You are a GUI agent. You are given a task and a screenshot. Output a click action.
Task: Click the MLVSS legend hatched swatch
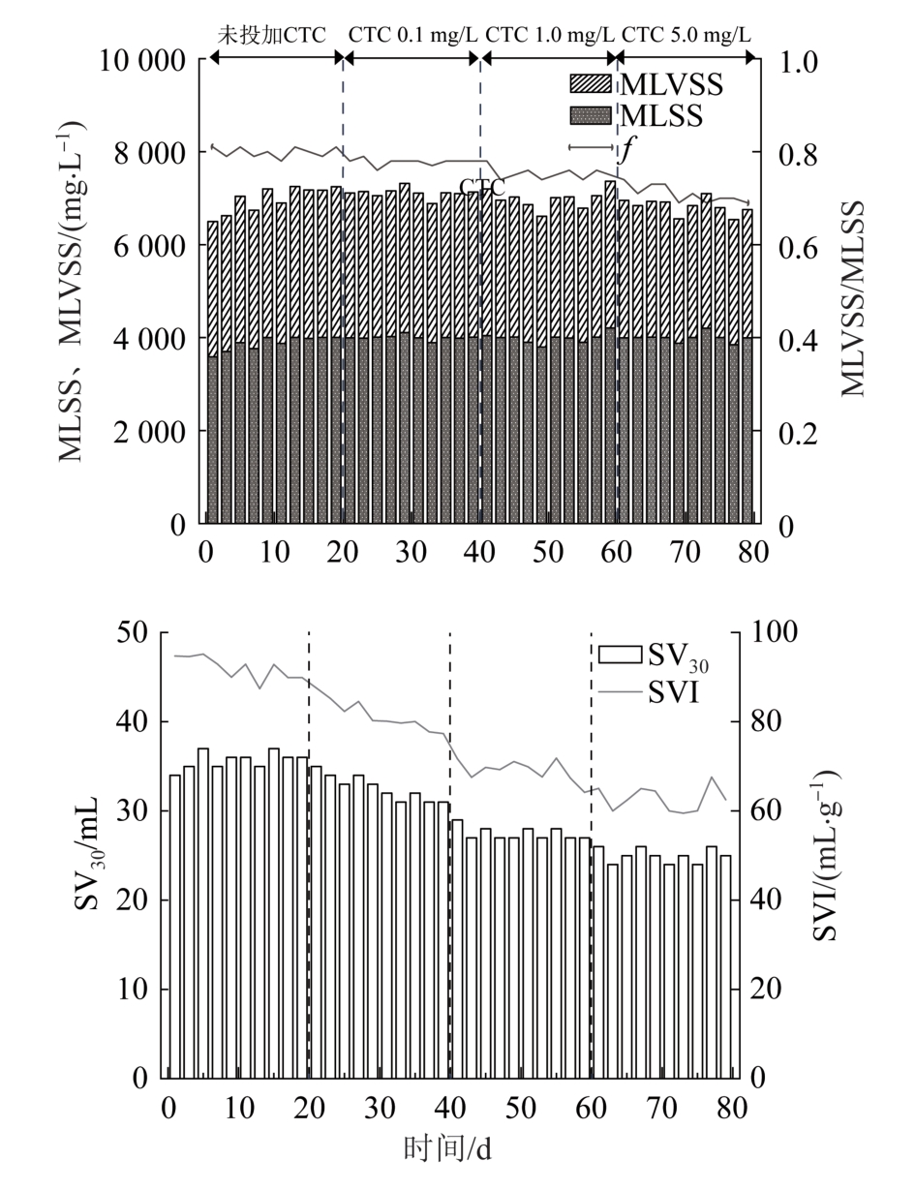click(591, 84)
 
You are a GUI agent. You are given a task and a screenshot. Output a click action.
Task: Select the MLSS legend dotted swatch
click(591, 116)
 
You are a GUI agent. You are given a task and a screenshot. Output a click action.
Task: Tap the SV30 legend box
click(620, 655)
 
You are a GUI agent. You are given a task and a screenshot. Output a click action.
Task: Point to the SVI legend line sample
click(620, 691)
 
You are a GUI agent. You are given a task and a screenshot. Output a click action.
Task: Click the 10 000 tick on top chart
click(142, 60)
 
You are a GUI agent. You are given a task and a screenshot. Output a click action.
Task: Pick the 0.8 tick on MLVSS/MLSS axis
click(798, 154)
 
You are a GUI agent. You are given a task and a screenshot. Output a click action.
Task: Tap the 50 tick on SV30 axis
click(132, 632)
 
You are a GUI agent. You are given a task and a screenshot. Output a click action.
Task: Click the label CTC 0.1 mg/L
click(412, 35)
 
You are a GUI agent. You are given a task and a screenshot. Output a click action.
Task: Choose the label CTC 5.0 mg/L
click(686, 35)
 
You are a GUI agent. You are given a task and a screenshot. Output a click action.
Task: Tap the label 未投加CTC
click(272, 35)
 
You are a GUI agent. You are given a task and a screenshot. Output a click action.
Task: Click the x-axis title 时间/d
click(447, 1148)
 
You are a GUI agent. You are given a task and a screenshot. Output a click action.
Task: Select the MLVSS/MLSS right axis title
click(853, 298)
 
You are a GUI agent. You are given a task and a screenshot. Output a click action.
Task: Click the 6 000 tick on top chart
click(149, 247)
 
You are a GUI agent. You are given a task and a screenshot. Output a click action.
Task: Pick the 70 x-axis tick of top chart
click(685, 552)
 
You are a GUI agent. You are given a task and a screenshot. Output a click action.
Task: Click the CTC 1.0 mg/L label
click(550, 35)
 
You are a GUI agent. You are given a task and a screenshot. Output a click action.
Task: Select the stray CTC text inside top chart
click(482, 188)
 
